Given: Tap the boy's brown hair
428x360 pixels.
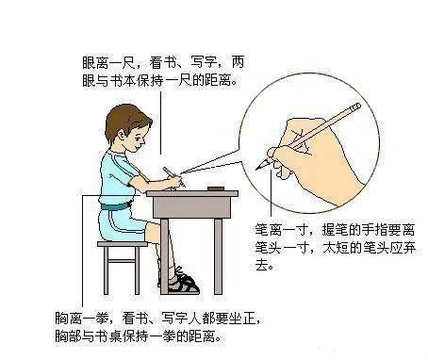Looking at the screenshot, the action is tap(124, 121).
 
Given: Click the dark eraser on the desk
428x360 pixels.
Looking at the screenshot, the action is tap(216, 188).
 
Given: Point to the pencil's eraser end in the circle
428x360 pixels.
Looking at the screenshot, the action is tap(356, 106).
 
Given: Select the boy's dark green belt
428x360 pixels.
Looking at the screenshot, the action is tap(116, 206).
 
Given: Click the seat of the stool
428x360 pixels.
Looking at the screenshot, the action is tap(123, 244).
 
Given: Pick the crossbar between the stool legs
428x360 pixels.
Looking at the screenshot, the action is tap(122, 261).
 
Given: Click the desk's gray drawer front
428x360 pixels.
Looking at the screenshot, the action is tap(192, 207).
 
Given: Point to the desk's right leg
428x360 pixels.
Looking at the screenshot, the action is tap(219, 256).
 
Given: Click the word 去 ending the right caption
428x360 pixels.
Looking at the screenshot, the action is tap(261, 266).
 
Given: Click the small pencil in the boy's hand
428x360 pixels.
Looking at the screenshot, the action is tap(173, 177).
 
